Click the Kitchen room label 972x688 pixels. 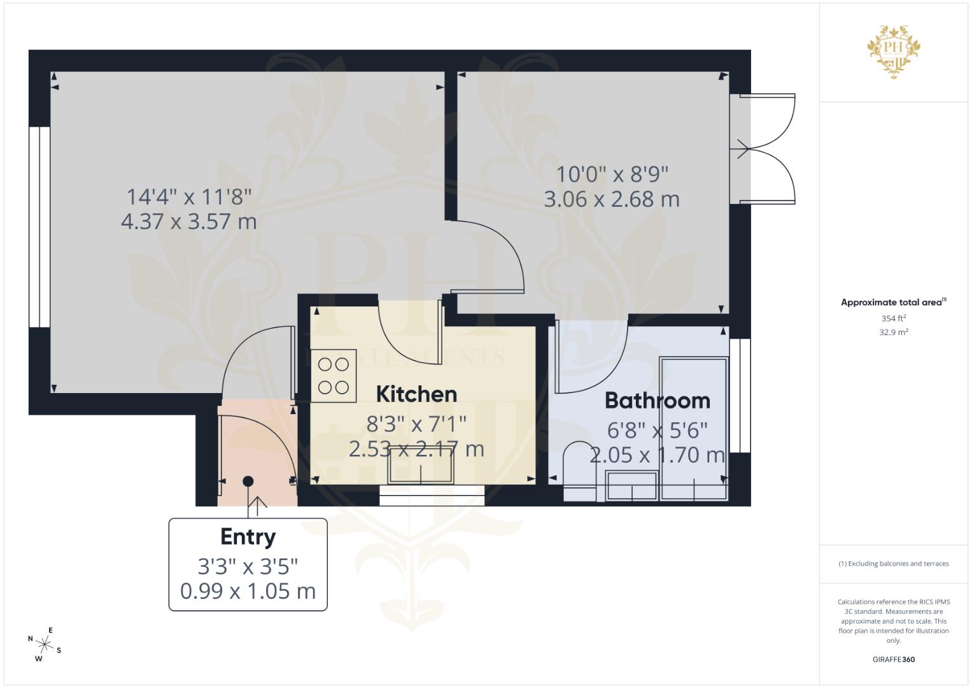pyautogui.click(x=416, y=394)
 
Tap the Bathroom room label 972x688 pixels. pyautogui.click(x=658, y=401)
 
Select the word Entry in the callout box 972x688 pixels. pyautogui.click(x=248, y=537)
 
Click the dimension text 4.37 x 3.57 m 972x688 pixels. pyautogui.click(x=189, y=222)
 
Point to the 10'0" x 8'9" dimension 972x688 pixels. pyautogui.click(x=612, y=175)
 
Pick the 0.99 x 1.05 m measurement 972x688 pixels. pyautogui.click(x=248, y=591)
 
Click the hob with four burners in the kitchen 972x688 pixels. pyautogui.click(x=334, y=376)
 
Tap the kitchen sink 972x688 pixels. pyautogui.click(x=421, y=466)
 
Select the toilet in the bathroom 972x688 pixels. pyautogui.click(x=580, y=472)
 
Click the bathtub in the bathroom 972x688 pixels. pyautogui.click(x=693, y=429)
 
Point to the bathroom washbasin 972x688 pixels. pyautogui.click(x=631, y=486)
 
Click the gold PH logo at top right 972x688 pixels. pyautogui.click(x=894, y=52)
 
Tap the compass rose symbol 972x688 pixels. pyautogui.click(x=45, y=645)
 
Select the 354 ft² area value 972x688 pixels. pyautogui.click(x=894, y=319)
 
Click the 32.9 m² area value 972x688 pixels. pyautogui.click(x=894, y=333)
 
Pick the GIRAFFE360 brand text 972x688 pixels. pyautogui.click(x=894, y=659)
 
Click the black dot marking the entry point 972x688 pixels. pyautogui.click(x=248, y=481)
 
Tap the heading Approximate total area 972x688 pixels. pyautogui.click(x=894, y=303)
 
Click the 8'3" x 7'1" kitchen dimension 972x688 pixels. pyautogui.click(x=416, y=424)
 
